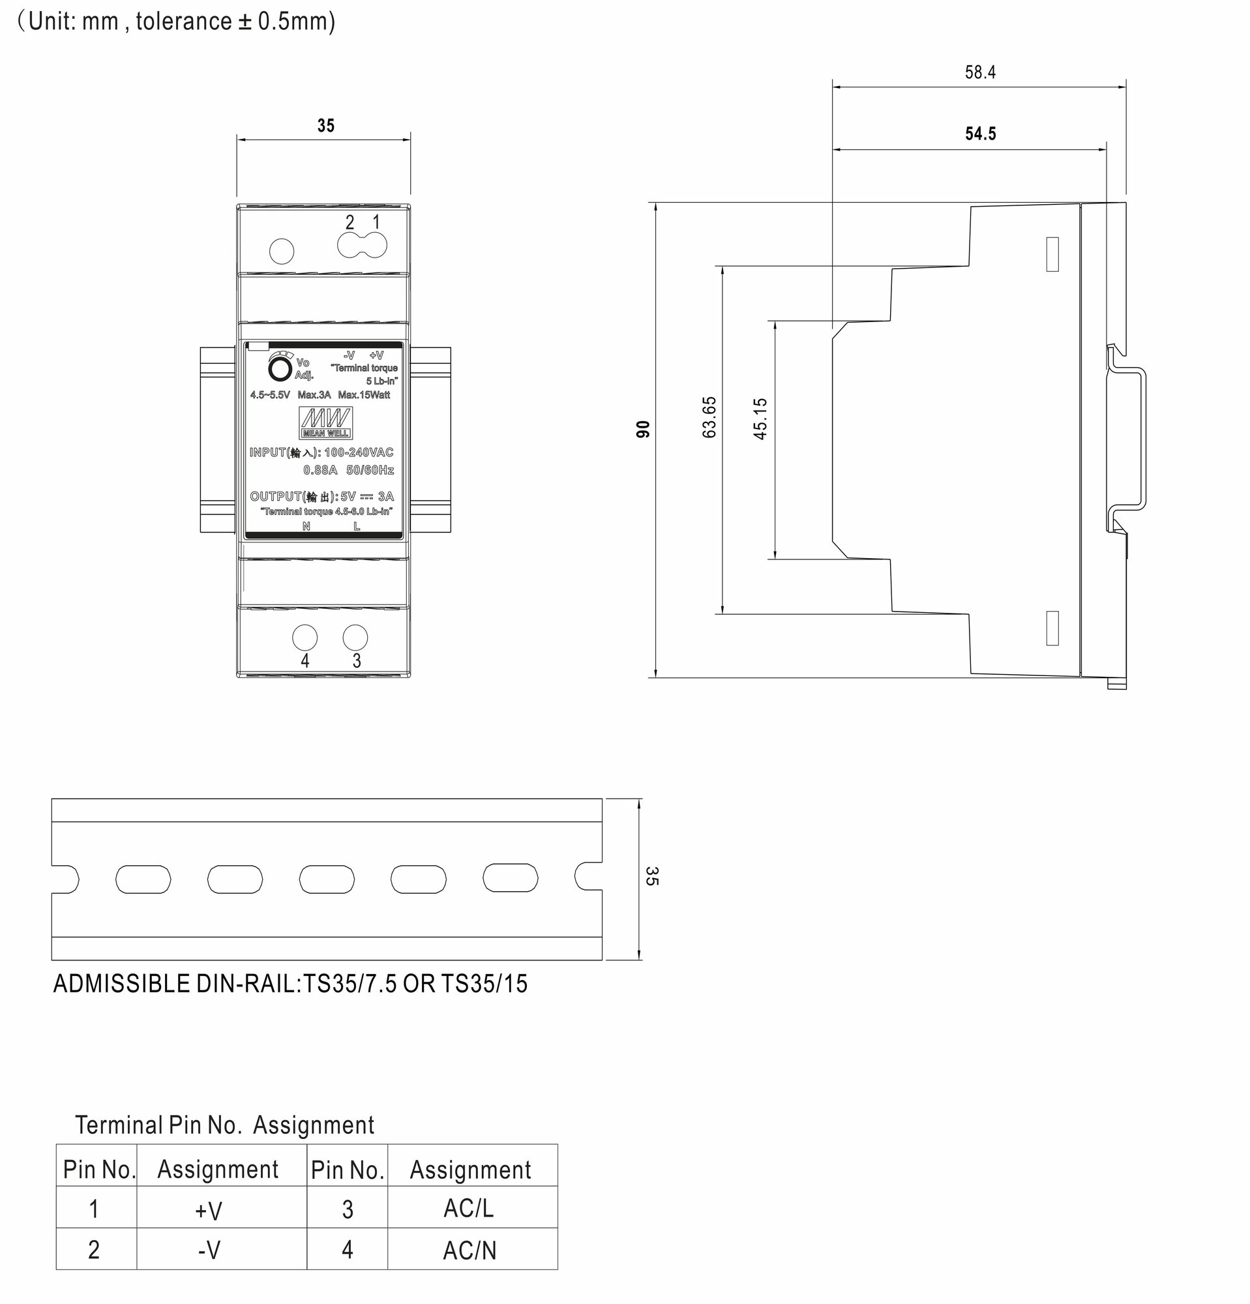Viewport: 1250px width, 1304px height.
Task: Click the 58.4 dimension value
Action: click(x=980, y=72)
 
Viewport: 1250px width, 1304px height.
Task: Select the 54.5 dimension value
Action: click(x=981, y=134)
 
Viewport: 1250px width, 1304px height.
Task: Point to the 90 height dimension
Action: click(x=643, y=429)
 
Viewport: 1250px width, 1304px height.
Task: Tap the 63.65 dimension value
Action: click(x=709, y=417)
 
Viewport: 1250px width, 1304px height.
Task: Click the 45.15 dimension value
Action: click(x=760, y=419)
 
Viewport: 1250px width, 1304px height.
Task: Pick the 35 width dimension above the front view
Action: click(x=325, y=126)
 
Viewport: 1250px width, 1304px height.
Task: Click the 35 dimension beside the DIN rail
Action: click(x=652, y=876)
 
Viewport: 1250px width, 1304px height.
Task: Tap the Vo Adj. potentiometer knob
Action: click(x=280, y=369)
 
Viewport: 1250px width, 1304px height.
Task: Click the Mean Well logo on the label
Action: click(x=326, y=422)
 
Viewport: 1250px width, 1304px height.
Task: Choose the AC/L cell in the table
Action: click(x=469, y=1209)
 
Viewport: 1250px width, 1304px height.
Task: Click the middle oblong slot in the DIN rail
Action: click(x=327, y=879)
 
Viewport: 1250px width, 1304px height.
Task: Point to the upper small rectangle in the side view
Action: click(x=1052, y=254)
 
